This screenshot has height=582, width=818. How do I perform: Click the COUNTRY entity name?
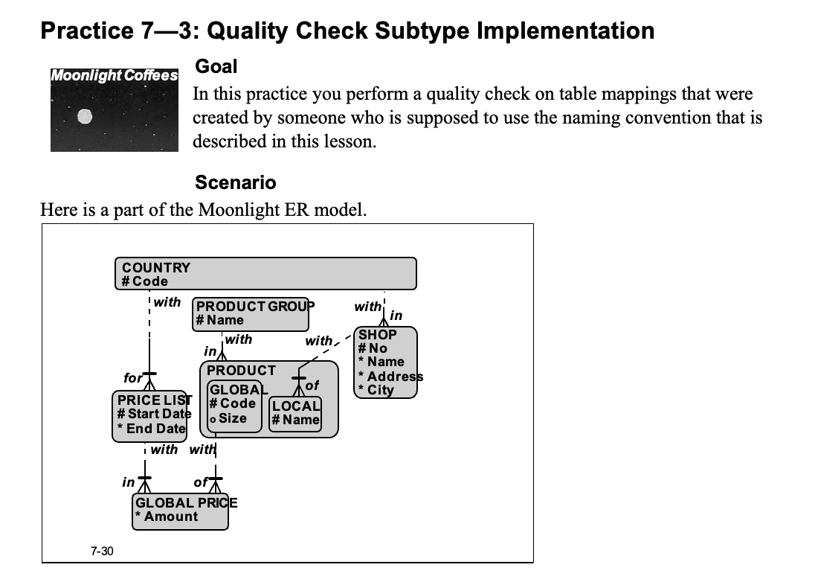[156, 267]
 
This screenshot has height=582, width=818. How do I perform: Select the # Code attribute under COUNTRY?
[145, 281]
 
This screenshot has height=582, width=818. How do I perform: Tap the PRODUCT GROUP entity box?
[251, 313]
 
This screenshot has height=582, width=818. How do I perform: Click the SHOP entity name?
[378, 334]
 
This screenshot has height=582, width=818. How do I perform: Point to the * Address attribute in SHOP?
[390, 376]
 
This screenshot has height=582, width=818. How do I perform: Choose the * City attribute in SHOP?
[376, 389]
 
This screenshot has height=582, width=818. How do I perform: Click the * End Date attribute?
[151, 428]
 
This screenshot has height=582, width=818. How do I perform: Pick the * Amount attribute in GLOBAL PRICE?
[167, 517]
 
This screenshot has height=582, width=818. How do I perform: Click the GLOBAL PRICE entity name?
[186, 502]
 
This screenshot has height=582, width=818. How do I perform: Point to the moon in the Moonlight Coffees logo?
[85, 115]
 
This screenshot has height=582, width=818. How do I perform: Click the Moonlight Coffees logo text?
[115, 75]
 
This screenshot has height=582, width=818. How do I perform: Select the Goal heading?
[216, 66]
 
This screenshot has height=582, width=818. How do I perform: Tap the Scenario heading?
[235, 182]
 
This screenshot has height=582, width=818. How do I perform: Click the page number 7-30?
[102, 551]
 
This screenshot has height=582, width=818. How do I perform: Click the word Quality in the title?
[245, 31]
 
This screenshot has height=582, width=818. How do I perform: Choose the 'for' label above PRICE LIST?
[132, 378]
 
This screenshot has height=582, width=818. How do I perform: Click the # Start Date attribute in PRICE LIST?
[154, 414]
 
